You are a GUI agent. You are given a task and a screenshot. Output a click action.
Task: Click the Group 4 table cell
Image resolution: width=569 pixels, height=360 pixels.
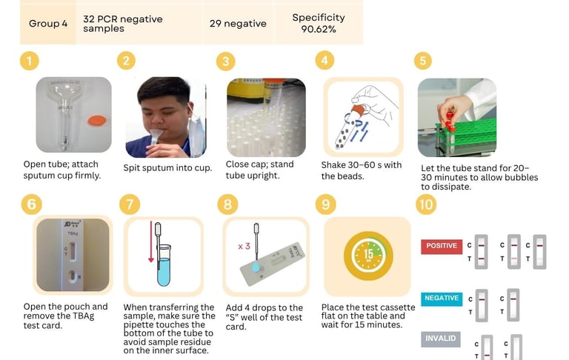tap(48, 24)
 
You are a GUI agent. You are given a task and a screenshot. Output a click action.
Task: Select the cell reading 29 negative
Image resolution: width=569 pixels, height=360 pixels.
tap(238, 24)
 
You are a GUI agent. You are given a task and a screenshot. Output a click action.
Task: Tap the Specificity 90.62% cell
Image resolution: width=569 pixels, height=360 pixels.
tap(319, 24)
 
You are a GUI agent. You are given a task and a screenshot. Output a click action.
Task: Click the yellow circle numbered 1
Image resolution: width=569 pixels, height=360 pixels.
tap(30, 61)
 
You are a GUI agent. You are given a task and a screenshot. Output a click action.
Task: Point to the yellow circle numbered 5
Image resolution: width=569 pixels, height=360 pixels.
tap(423, 61)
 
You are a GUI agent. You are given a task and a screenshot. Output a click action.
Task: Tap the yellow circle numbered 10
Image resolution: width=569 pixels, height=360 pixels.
tap(426, 204)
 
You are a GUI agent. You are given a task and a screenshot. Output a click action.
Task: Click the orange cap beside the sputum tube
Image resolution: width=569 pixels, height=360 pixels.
tap(97, 121)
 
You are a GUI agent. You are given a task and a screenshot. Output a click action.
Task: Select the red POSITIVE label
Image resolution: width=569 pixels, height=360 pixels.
tap(442, 247)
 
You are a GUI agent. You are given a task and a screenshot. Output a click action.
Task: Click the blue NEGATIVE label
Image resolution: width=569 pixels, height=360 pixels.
tap(442, 299)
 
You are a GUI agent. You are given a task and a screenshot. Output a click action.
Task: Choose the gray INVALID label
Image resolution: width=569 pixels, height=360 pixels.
tap(441, 339)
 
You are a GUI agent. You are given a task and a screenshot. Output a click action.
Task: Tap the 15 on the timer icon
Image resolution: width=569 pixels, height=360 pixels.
tap(368, 253)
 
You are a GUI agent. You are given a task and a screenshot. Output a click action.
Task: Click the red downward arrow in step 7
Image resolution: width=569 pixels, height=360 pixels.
tap(151, 241)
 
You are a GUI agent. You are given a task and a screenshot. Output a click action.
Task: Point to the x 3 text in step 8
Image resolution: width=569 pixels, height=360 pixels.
tap(244, 247)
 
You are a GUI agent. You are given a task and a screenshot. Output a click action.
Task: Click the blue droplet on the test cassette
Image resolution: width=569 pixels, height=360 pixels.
tap(256, 267)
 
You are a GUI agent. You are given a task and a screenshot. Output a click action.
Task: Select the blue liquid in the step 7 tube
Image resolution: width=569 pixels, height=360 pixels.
tap(164, 271)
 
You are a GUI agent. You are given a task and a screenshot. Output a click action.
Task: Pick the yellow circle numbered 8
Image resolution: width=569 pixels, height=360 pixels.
tap(227, 204)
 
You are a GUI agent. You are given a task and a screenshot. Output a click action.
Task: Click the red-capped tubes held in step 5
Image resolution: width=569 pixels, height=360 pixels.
tap(450, 121)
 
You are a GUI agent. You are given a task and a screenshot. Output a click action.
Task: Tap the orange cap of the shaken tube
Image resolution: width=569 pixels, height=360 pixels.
tap(358, 110)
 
